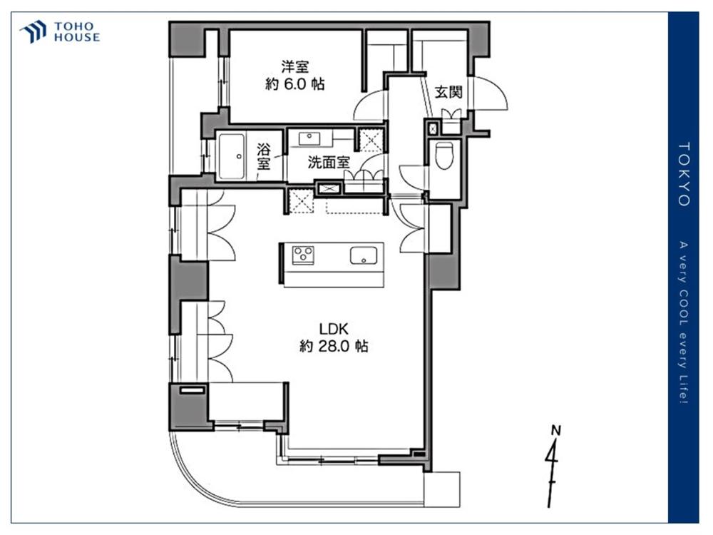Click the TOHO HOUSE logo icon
click(x=34, y=31)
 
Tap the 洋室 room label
click(x=294, y=67)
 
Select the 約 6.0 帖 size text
click(x=294, y=84)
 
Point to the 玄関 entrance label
click(x=448, y=92)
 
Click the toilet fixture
click(x=444, y=156)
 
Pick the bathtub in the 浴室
click(x=232, y=156)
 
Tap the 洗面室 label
click(x=328, y=162)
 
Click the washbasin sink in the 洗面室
click(x=310, y=138)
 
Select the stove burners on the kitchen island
click(x=303, y=255)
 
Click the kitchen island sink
click(x=364, y=255)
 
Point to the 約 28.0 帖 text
click(x=334, y=346)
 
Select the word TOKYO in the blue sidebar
click(x=684, y=174)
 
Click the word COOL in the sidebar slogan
click(x=684, y=307)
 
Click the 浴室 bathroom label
click(x=263, y=156)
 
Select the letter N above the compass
click(x=555, y=430)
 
